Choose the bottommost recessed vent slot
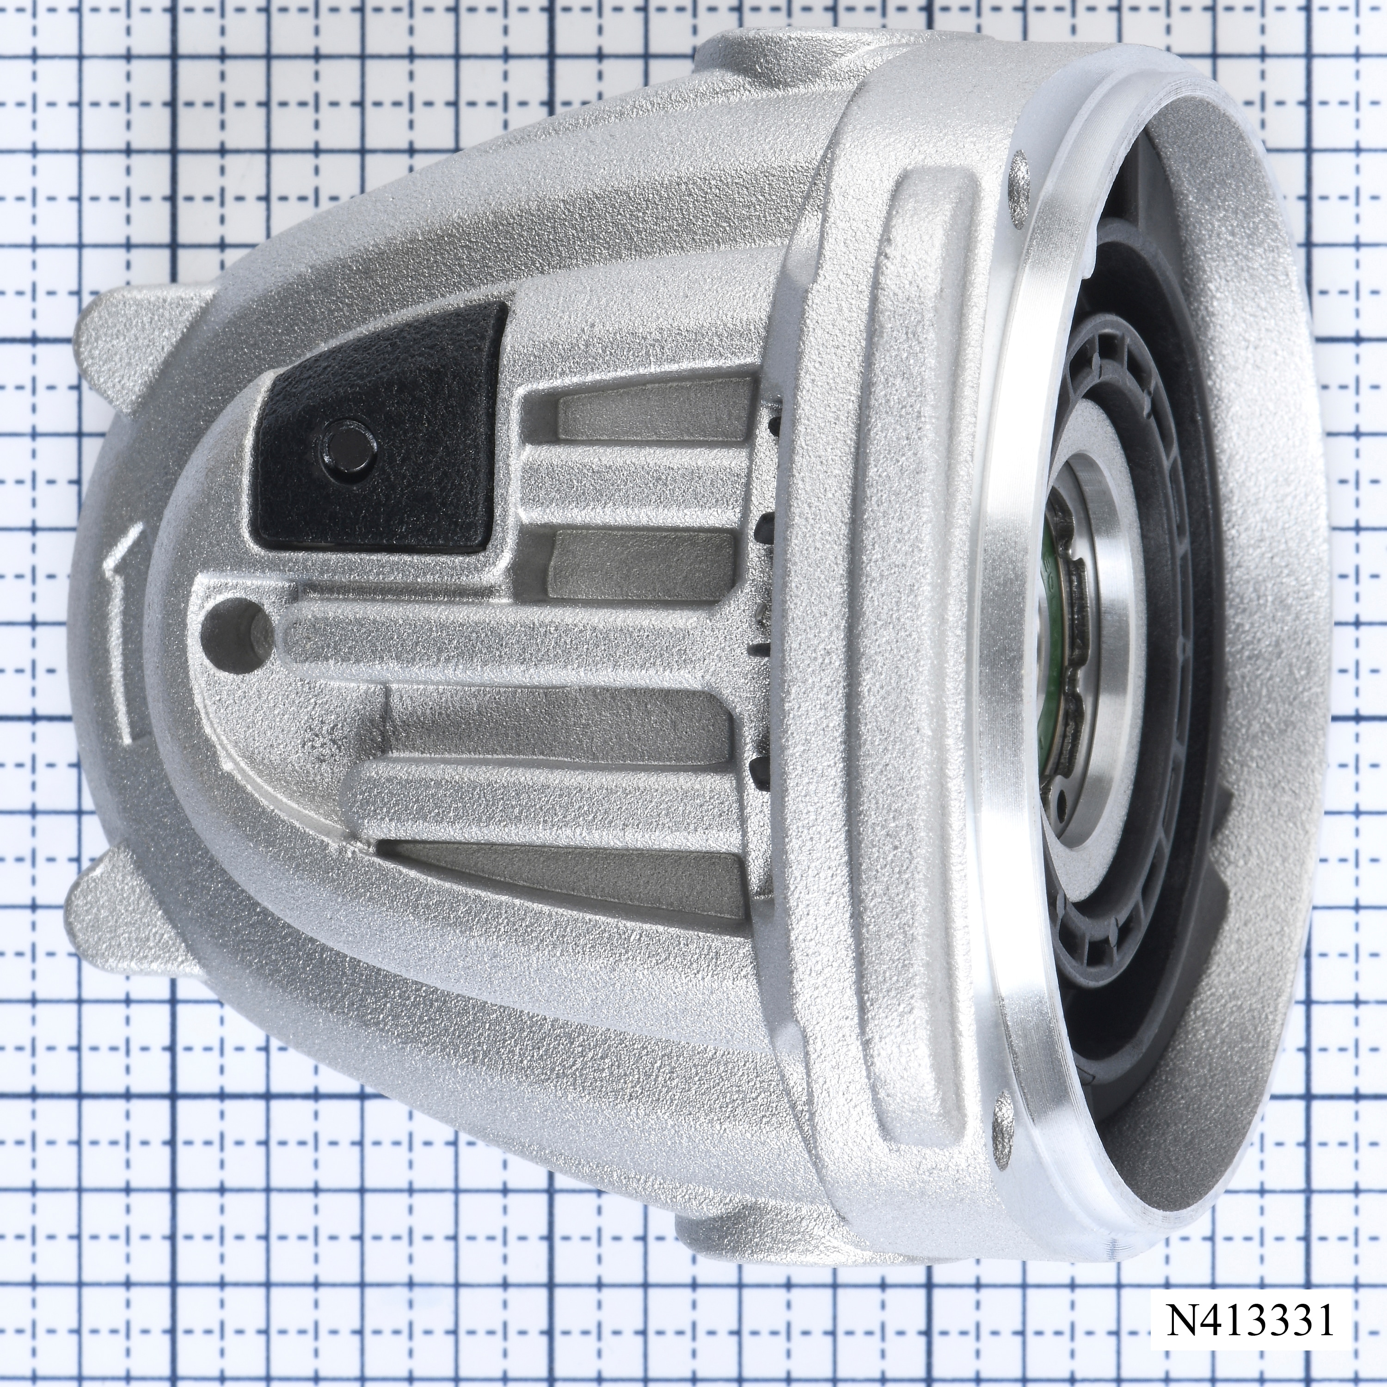tap(560, 873)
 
